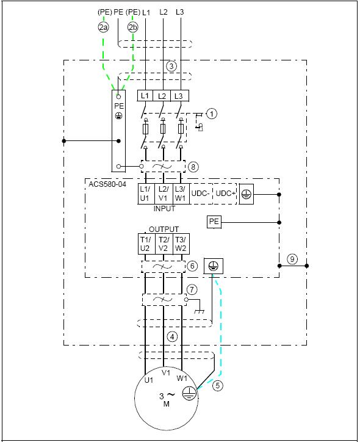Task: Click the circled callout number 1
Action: click(x=212, y=114)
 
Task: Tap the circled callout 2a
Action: click(x=103, y=27)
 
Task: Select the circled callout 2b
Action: click(x=132, y=27)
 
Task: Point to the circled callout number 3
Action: click(x=171, y=67)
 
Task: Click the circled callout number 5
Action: click(x=217, y=385)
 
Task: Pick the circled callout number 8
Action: click(x=193, y=167)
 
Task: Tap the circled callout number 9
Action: click(x=292, y=259)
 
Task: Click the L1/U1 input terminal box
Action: click(x=146, y=194)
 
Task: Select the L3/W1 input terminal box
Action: click(x=180, y=194)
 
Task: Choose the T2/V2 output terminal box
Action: click(x=164, y=244)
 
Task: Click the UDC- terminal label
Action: click(x=200, y=194)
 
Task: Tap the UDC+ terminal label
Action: click(x=225, y=194)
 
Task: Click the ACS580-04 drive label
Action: click(x=107, y=184)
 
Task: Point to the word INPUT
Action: click(x=164, y=209)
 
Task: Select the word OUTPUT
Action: click(x=164, y=229)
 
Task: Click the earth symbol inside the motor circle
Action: click(x=189, y=393)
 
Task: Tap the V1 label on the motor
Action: click(x=166, y=372)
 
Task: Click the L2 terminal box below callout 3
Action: click(x=162, y=96)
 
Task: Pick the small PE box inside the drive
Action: click(x=214, y=222)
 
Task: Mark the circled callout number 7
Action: click(x=192, y=289)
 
